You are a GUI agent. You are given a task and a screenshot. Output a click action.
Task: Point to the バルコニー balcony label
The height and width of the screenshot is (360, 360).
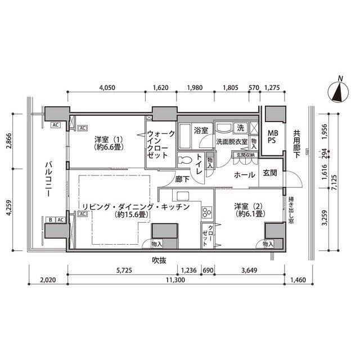tap(49, 179)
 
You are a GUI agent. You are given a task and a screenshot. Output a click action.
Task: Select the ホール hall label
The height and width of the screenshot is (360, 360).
tap(245, 174)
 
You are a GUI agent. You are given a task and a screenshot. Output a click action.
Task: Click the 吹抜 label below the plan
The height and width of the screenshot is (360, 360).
tap(160, 260)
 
